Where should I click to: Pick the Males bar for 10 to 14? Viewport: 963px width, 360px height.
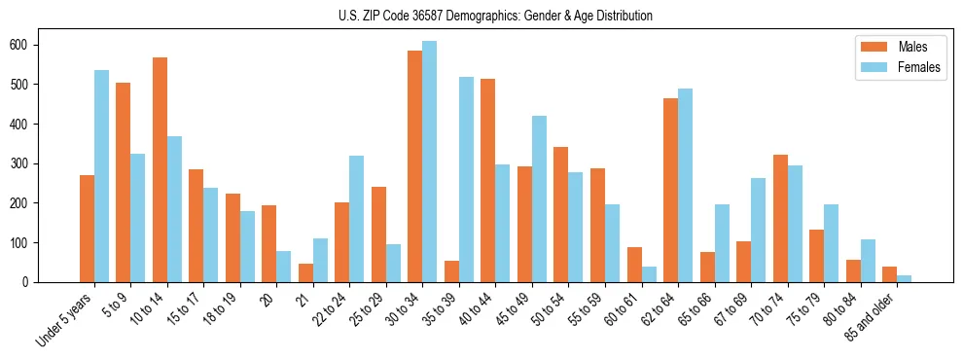(160, 169)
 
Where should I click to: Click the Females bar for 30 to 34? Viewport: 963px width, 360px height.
(429, 162)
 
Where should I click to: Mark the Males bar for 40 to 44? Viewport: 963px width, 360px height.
(487, 180)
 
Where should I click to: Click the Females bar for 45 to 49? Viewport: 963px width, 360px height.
(539, 198)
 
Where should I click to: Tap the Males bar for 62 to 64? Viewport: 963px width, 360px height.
(670, 190)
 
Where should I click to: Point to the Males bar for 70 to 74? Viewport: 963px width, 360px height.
(779, 218)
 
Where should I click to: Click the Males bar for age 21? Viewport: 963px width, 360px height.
(305, 272)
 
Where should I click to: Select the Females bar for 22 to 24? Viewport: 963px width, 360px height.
(356, 219)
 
